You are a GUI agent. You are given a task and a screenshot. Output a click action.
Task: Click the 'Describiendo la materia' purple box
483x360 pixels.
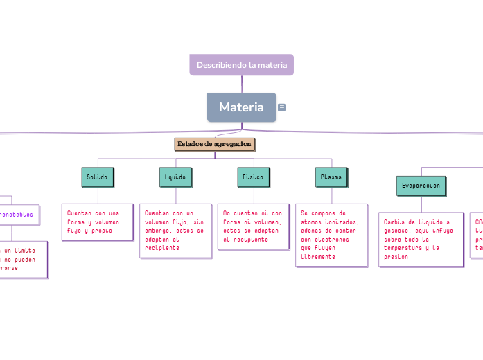point(241,64)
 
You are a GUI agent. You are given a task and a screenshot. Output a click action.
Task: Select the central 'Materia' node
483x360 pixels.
point(241,107)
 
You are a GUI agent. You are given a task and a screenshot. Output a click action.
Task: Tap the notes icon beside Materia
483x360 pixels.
point(282,107)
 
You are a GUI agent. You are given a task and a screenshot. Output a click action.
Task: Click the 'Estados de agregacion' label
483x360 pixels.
point(214,144)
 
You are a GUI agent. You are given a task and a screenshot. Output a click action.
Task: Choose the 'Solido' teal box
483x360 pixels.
point(97,177)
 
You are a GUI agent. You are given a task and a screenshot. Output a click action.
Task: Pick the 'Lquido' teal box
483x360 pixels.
point(175,177)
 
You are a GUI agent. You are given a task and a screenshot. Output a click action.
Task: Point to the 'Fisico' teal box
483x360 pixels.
point(252,177)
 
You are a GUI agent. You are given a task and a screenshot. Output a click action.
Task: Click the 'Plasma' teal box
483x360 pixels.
point(331,177)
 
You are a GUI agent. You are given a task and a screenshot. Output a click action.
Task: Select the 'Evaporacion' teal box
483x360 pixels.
point(421,186)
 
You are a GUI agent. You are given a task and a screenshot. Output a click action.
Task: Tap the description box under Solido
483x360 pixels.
point(97,222)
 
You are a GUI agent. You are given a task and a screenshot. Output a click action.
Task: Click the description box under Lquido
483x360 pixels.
point(175,230)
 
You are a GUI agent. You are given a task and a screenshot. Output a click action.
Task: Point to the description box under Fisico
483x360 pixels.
point(252,226)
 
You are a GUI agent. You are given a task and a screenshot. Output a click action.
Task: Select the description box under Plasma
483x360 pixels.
point(331,235)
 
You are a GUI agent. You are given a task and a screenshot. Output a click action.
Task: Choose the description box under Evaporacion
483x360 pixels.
point(421,239)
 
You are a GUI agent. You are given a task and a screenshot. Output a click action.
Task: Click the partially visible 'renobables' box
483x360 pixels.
point(17,215)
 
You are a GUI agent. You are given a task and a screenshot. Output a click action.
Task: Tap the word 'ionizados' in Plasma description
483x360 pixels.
point(343,222)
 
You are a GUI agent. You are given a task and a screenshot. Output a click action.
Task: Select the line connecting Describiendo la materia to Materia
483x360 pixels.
point(242,84)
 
